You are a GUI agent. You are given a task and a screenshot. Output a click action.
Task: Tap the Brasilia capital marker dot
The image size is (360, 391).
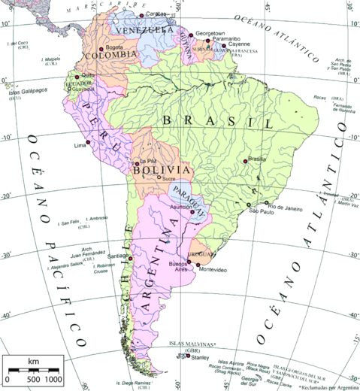click(x=248, y=166)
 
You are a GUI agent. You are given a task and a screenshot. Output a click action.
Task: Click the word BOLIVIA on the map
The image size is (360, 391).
click(x=156, y=171)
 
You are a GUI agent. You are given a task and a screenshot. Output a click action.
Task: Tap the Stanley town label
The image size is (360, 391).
click(x=200, y=358)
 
